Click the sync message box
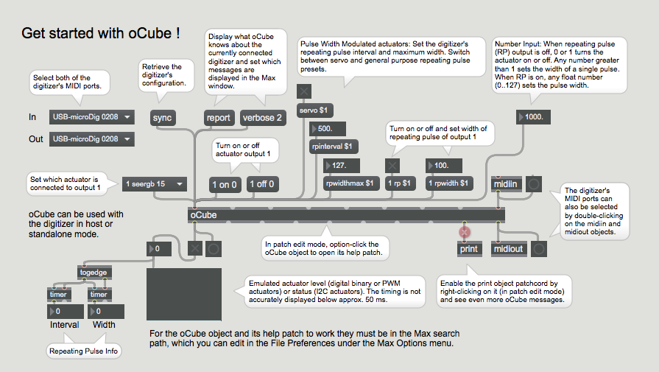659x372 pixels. click(x=162, y=118)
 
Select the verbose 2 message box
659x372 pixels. click(x=263, y=118)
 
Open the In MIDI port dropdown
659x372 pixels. click(x=91, y=117)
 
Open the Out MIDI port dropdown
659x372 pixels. click(x=91, y=139)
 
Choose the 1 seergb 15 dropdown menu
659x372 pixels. click(x=154, y=184)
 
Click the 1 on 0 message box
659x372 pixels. click(x=225, y=185)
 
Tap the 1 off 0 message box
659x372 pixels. click(x=262, y=184)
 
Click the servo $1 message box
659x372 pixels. click(x=314, y=110)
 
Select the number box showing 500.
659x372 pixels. click(x=328, y=129)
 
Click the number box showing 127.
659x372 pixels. click(x=342, y=166)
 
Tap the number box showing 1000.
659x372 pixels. click(x=533, y=117)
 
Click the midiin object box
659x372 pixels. click(x=506, y=183)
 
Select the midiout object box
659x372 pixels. click(x=508, y=249)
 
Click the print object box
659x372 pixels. click(x=468, y=249)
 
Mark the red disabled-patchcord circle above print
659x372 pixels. click(x=464, y=231)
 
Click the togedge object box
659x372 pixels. click(x=94, y=273)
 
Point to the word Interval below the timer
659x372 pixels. click(x=64, y=325)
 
